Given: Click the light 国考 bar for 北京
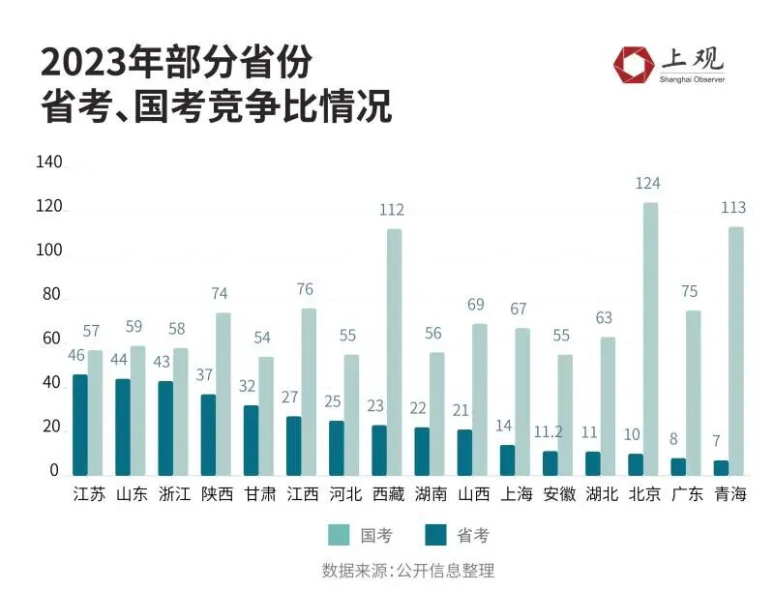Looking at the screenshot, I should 650,339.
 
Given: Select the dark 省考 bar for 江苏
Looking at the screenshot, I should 80,425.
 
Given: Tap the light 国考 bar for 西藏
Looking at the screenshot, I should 394,352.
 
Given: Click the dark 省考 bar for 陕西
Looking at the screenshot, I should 208,434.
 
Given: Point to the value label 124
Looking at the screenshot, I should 647,183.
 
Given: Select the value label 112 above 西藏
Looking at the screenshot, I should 392,210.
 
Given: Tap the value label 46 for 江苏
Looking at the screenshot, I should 76,355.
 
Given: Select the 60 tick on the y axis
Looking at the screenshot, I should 51,340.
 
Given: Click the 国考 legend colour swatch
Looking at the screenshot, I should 340,535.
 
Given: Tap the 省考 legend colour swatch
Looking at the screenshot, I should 435,535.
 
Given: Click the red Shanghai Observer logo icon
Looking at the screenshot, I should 633,64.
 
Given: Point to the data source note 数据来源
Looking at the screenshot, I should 355,571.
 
